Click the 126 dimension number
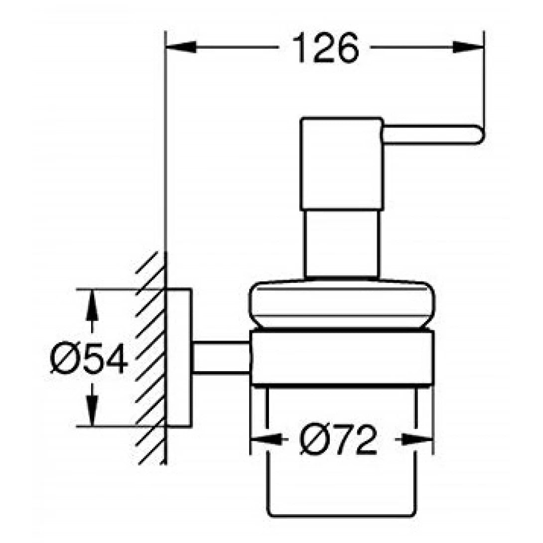[326, 48]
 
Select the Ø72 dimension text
[338, 440]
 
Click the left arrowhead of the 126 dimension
[181, 47]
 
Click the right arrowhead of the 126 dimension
[467, 47]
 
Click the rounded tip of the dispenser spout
[481, 134]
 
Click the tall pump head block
[341, 164]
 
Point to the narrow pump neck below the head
[341, 244]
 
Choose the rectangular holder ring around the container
[342, 358]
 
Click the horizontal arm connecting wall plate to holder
[221, 358]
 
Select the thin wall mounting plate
[179, 357]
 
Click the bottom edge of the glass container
[341, 517]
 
